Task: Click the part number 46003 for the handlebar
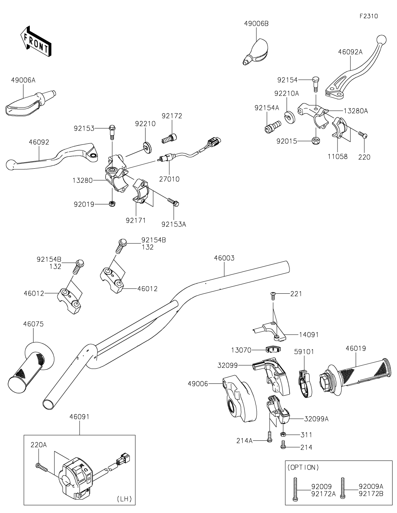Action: tap(224, 258)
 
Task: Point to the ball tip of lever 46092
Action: tap(11, 164)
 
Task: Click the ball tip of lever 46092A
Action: tap(382, 39)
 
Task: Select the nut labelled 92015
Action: tap(315, 141)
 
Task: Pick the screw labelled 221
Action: tap(273, 294)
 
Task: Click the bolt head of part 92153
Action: tap(111, 128)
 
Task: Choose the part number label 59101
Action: tap(304, 351)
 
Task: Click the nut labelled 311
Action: tap(283, 434)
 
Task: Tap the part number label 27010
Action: tap(169, 179)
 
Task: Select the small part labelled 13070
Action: tap(273, 349)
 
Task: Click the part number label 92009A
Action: tap(371, 486)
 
